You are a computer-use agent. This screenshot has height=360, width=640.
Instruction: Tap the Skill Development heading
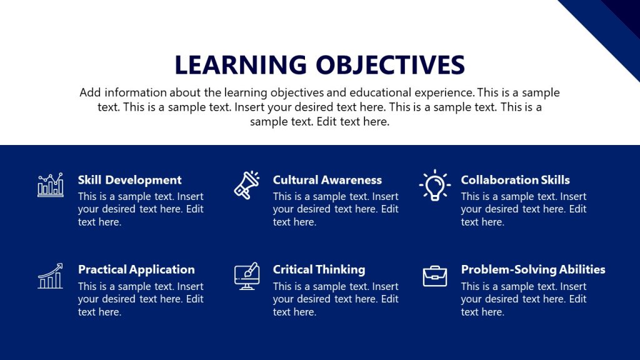[129, 180]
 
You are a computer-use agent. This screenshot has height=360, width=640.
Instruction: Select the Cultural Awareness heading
[327, 180]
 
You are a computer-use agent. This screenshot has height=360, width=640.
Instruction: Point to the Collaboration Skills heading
[515, 180]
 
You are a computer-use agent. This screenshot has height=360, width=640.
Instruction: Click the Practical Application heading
[136, 269]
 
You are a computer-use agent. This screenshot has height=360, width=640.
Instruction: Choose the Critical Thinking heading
[319, 269]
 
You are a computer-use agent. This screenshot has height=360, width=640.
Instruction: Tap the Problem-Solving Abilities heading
[532, 269]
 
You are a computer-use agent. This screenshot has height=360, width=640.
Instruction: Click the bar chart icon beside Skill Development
[50, 185]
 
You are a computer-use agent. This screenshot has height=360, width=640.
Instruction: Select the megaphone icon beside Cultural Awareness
[246, 185]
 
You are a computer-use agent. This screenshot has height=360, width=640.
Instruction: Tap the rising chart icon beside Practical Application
[50, 276]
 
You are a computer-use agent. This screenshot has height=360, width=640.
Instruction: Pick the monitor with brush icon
[246, 276]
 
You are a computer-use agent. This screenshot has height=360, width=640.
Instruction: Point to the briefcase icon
[434, 276]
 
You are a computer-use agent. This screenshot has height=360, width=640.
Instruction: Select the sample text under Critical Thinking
[335, 299]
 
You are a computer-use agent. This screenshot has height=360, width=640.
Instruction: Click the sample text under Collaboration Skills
[523, 209]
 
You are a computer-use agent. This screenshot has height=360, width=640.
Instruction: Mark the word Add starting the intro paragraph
[89, 92]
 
